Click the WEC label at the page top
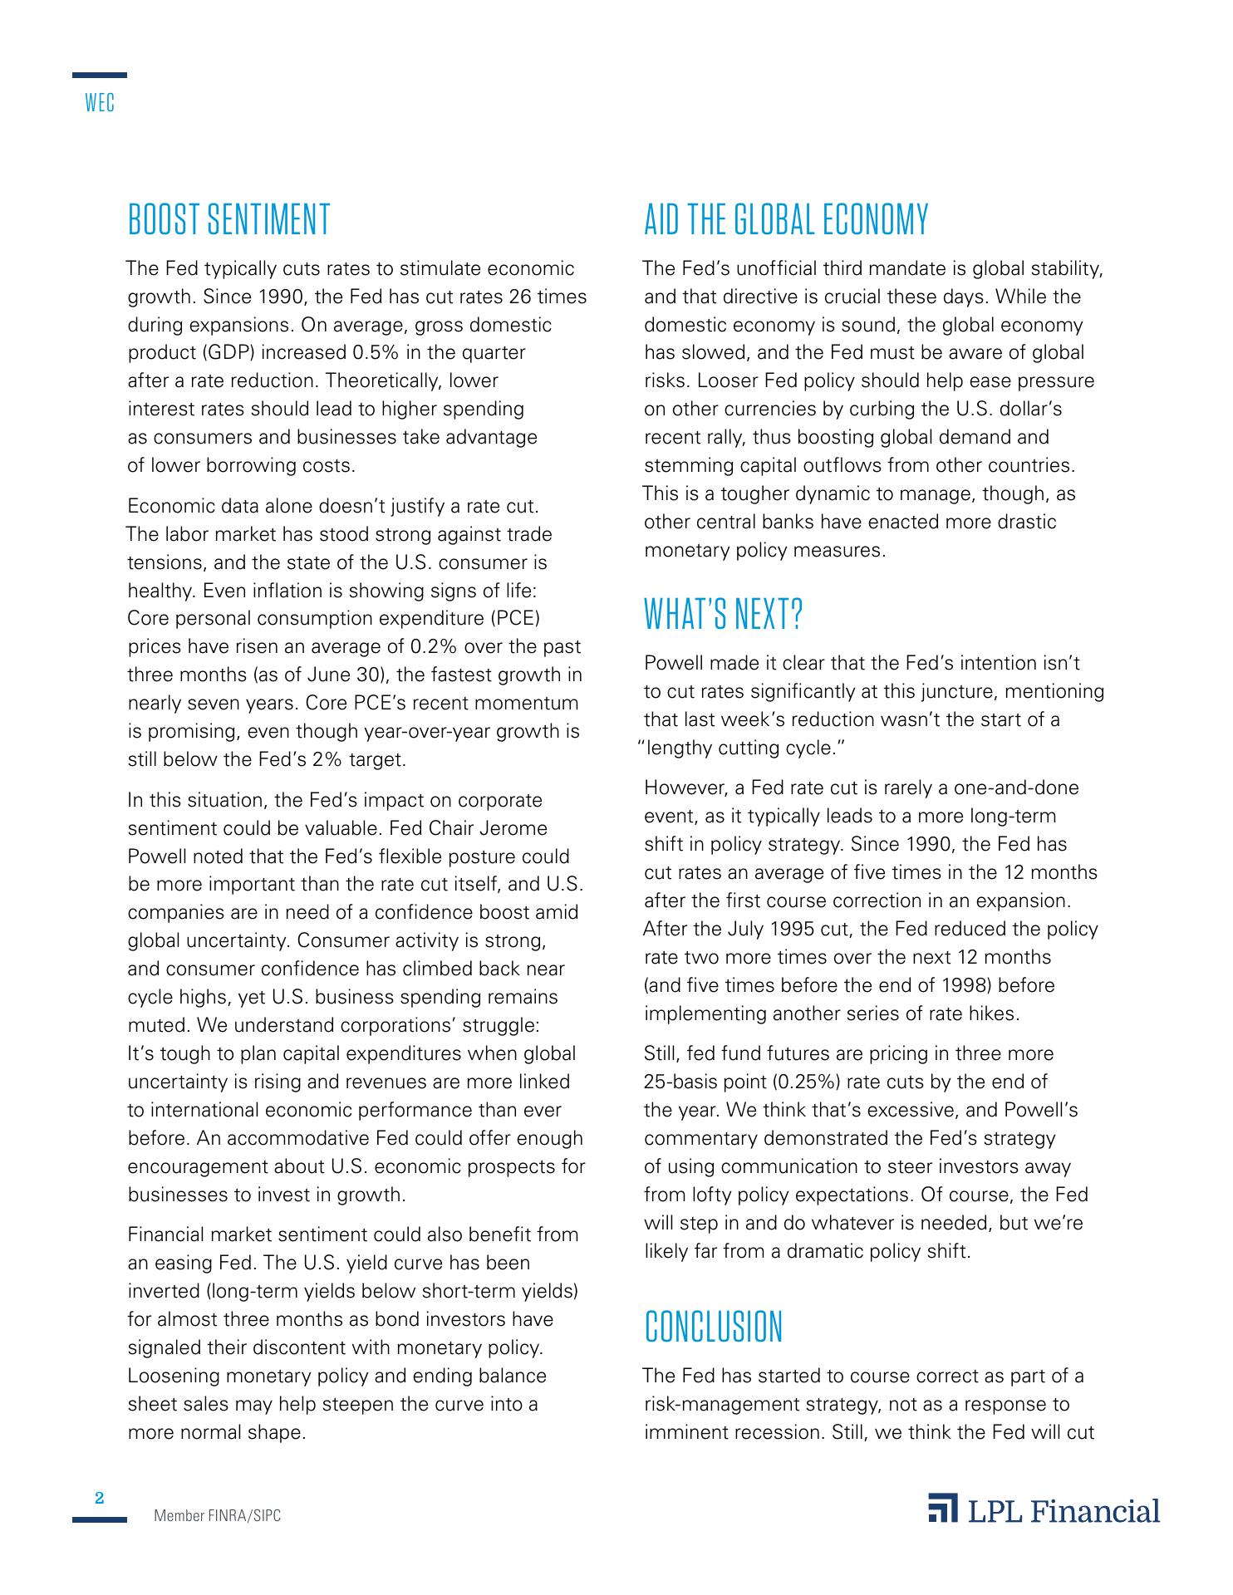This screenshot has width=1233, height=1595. tap(100, 104)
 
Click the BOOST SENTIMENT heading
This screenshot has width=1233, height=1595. tap(228, 220)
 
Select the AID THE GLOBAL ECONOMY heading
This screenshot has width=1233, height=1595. tap(786, 220)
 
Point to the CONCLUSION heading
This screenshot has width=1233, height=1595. tap(714, 1327)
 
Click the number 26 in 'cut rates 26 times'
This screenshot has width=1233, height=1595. tap(518, 297)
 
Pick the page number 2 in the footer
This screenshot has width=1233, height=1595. tap(100, 1499)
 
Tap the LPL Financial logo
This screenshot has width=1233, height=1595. tap(1044, 1510)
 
